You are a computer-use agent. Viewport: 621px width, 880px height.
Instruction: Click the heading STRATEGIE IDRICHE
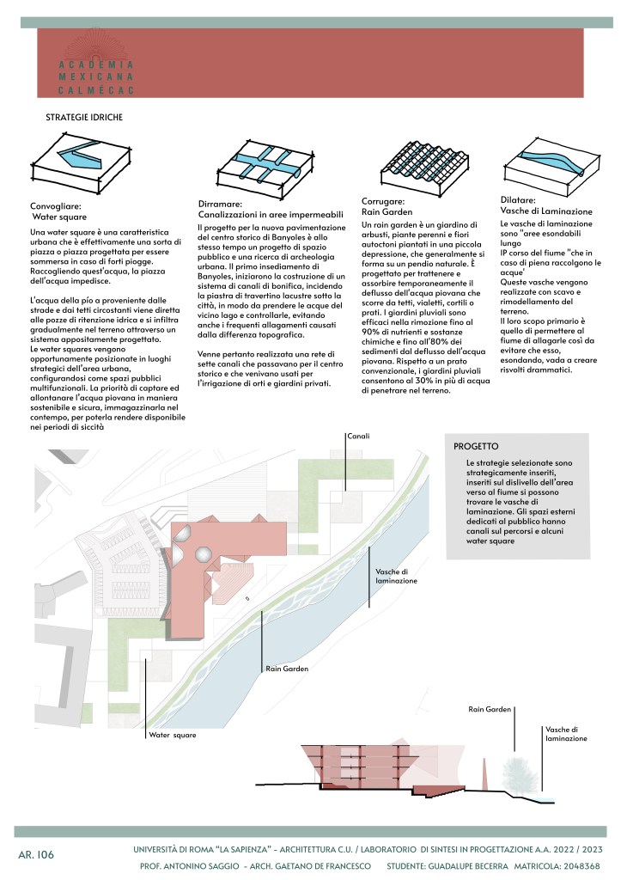[83, 116]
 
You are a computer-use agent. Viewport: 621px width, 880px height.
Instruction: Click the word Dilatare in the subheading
[520, 199]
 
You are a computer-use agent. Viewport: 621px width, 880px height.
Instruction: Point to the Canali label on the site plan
[358, 437]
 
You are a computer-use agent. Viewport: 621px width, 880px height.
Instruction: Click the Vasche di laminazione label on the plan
[397, 576]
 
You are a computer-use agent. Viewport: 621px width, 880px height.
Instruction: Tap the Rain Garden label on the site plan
[287, 668]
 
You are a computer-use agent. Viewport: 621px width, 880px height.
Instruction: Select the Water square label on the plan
[172, 735]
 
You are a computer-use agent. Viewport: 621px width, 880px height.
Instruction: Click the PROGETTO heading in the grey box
[476, 446]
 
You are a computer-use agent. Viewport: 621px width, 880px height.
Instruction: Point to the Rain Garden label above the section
[490, 709]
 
